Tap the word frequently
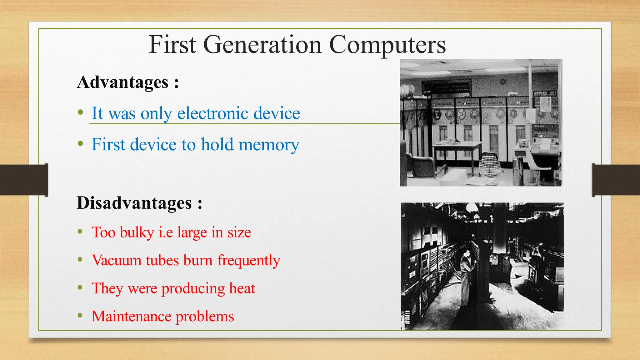[x=249, y=260]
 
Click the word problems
[x=205, y=317]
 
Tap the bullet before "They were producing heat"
[x=80, y=287]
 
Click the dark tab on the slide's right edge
[x=616, y=180]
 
